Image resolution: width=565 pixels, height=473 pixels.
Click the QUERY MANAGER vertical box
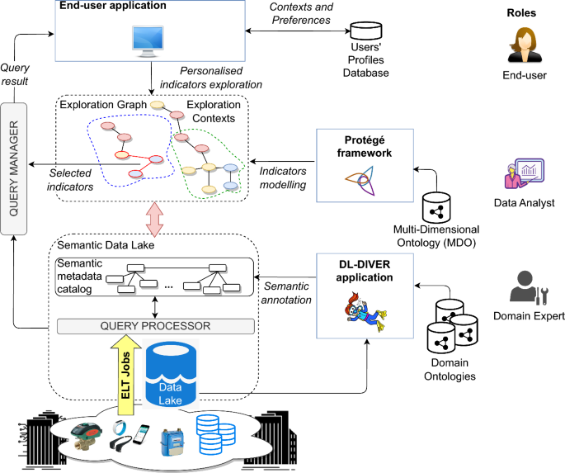(x=15, y=168)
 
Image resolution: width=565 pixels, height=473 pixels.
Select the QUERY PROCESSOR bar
(x=156, y=326)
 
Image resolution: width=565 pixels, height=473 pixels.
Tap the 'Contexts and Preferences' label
(x=304, y=14)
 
